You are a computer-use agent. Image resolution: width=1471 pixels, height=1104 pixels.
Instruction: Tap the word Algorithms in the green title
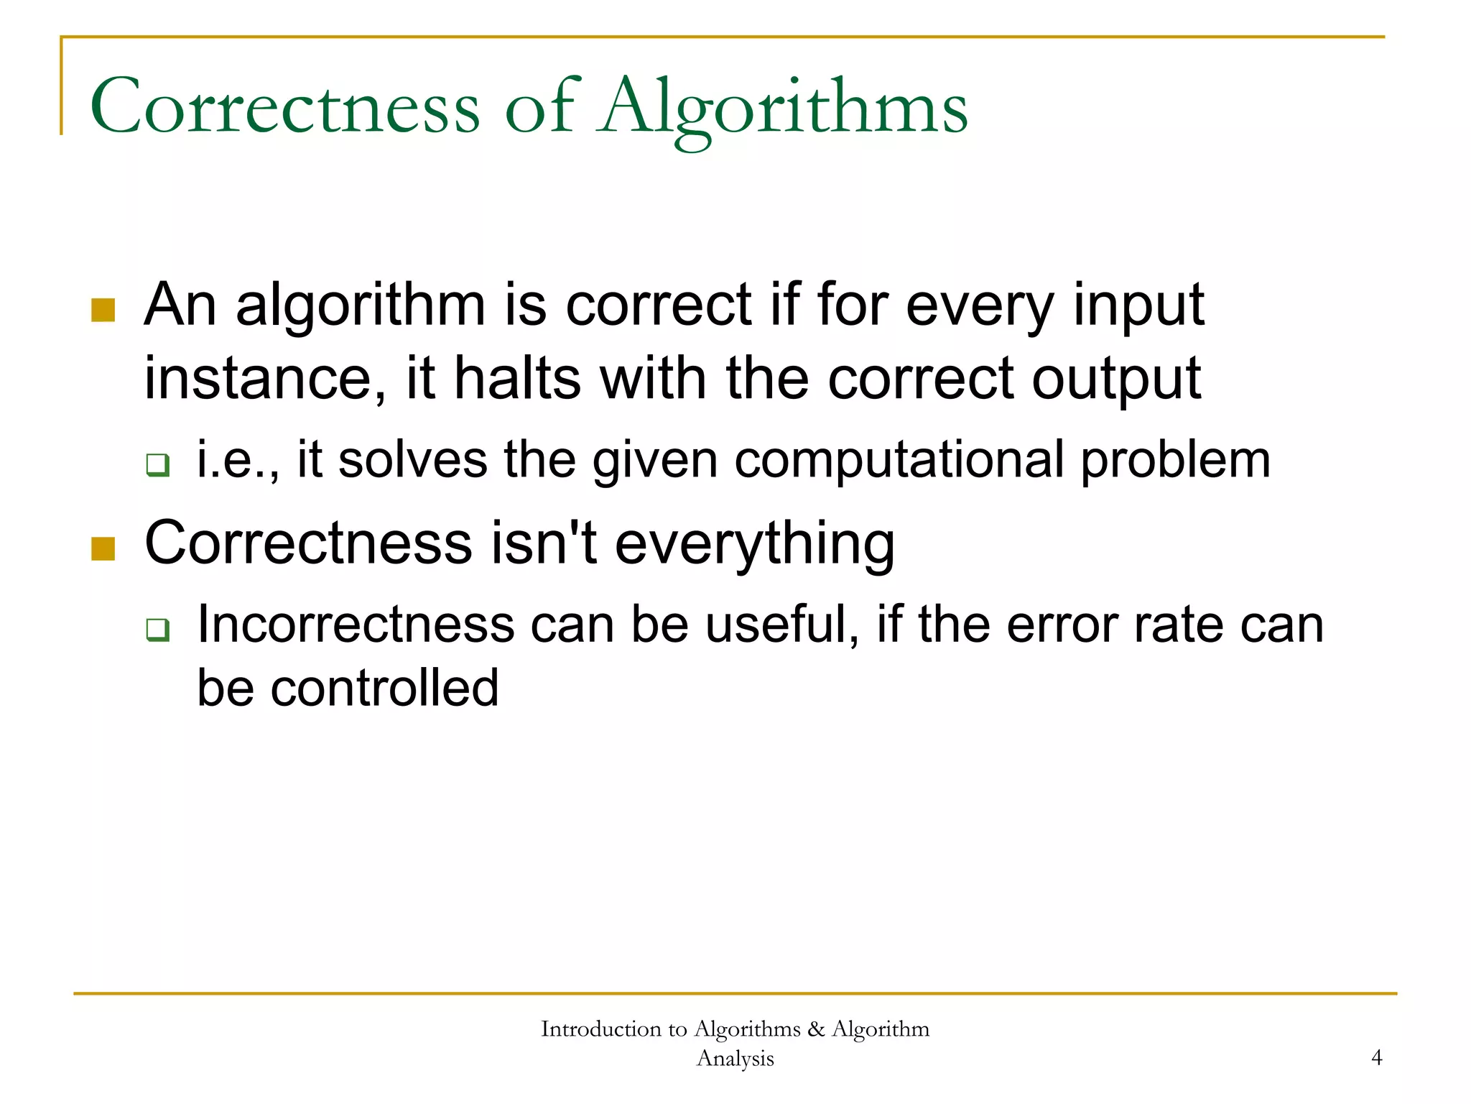(x=784, y=108)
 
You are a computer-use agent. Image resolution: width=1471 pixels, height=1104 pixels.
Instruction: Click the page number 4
(x=1376, y=1057)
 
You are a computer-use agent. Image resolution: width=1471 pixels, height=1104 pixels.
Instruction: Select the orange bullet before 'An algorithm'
(x=103, y=310)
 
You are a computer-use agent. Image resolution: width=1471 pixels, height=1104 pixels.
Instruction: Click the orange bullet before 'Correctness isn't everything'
(x=103, y=548)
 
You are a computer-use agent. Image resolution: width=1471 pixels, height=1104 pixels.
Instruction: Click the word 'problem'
(x=1176, y=461)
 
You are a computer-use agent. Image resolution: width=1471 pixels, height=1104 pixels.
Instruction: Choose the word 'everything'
(x=755, y=544)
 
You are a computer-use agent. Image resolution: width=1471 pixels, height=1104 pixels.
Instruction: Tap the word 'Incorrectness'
(x=356, y=624)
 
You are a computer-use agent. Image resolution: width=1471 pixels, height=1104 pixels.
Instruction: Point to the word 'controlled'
(x=384, y=688)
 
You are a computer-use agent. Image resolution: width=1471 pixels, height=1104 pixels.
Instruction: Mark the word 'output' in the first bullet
(x=1116, y=379)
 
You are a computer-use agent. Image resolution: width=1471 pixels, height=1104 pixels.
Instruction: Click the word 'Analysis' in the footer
(x=735, y=1058)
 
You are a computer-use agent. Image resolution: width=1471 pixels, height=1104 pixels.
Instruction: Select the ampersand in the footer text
(x=815, y=1029)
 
